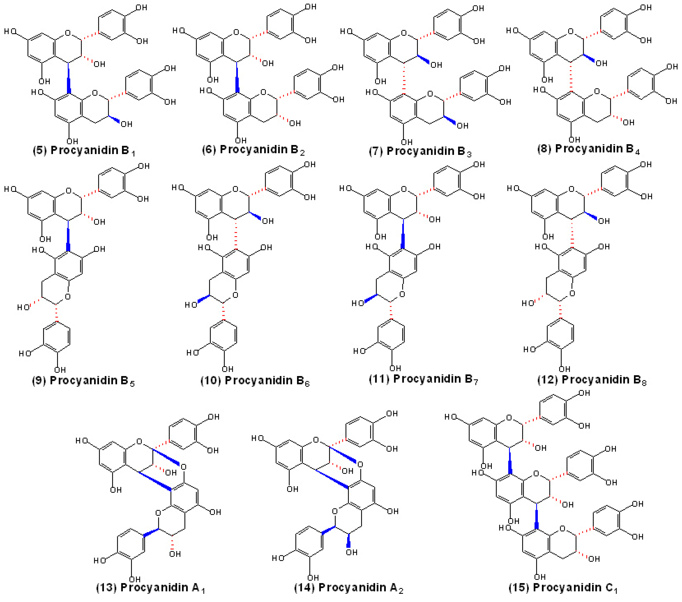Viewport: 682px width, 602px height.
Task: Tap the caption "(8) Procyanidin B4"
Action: coord(588,149)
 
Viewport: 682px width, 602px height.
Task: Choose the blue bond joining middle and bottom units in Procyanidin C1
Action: coord(536,516)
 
